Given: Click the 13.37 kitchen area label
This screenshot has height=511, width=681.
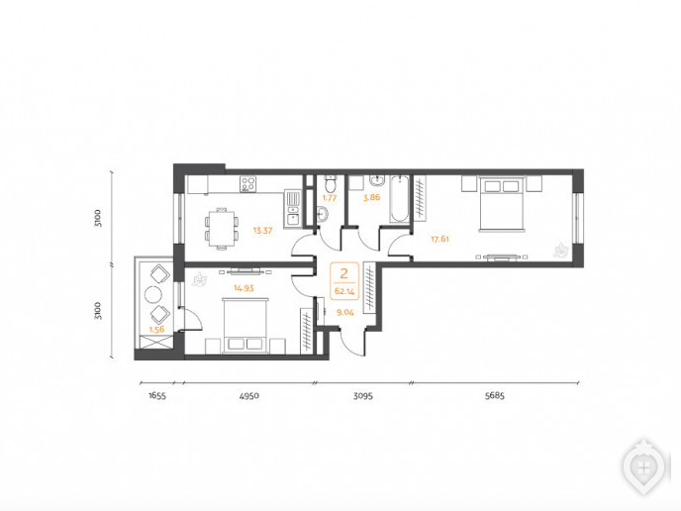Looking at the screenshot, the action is [262, 231].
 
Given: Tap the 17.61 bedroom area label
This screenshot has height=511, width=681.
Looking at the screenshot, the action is [439, 239].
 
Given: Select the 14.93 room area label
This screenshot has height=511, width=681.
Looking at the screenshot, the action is [243, 287].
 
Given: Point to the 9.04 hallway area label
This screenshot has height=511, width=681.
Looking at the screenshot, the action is [345, 312].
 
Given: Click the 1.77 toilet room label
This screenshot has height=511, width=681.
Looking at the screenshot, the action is [330, 198].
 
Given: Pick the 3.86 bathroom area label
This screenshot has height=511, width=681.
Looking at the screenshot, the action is [372, 197].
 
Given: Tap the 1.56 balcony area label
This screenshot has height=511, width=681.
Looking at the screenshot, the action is [156, 330].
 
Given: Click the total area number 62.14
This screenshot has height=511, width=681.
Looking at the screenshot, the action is [344, 291].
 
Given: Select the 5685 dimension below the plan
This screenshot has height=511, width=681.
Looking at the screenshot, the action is [495, 396].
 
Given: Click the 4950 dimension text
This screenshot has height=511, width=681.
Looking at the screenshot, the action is [249, 396].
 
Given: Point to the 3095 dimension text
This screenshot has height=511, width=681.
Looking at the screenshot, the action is [362, 396].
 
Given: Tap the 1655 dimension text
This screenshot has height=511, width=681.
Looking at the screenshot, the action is [157, 396].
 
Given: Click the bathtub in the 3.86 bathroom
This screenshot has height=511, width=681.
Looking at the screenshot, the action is [399, 199].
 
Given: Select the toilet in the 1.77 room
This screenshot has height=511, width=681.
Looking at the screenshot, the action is [331, 184].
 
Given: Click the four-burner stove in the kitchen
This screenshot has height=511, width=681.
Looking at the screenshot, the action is [248, 184].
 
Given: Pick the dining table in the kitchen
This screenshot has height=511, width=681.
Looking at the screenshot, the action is [222, 229].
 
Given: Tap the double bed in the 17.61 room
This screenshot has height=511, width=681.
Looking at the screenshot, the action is [502, 203].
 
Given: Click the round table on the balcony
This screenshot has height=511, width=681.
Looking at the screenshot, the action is [152, 295].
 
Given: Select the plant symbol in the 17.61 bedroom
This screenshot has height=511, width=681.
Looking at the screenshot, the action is [560, 251].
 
